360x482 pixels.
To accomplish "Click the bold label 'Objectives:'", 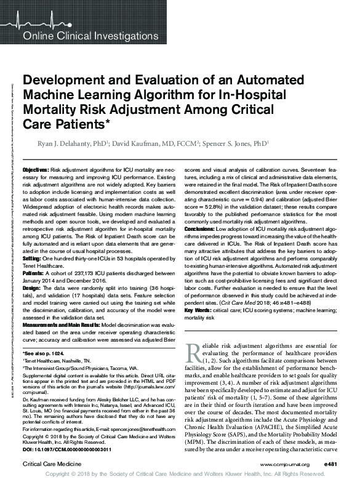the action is (x=36, y=169).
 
